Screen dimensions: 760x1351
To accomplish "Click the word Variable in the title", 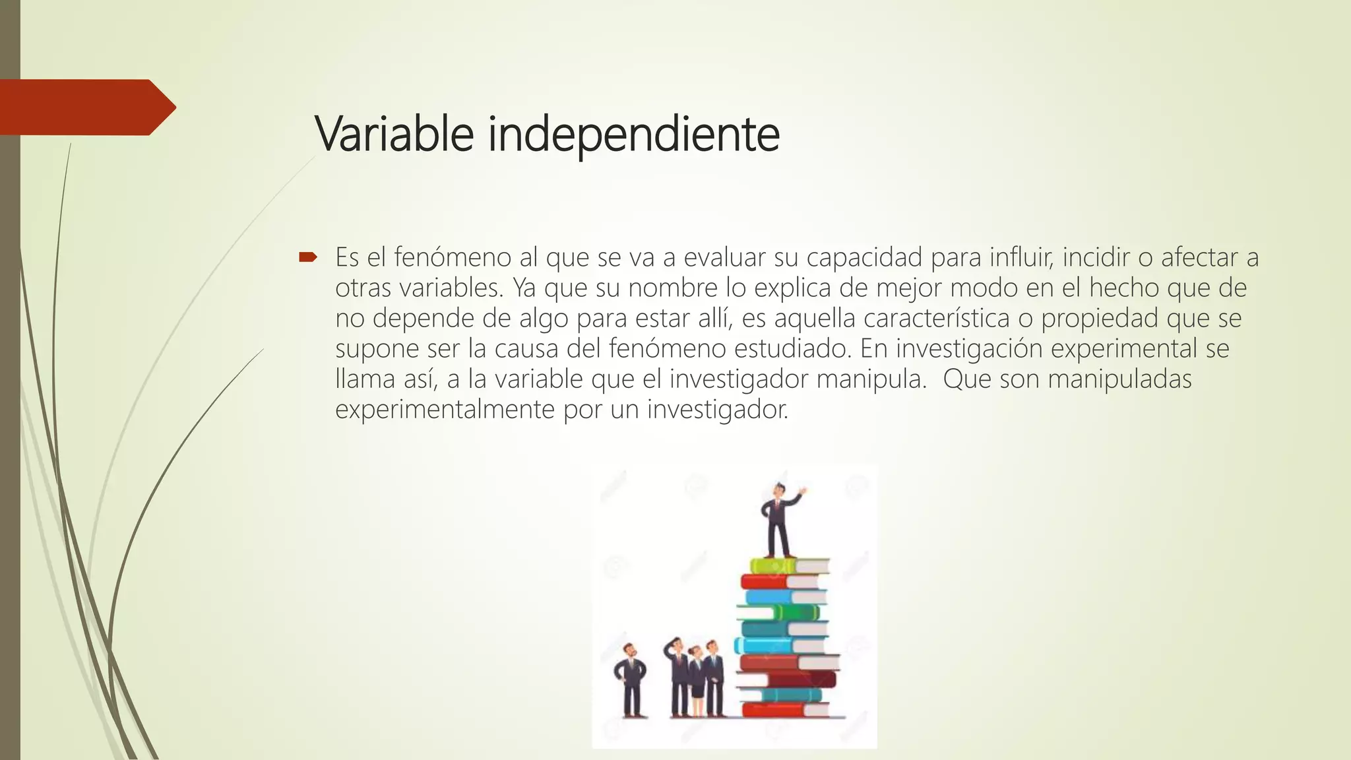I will click(x=394, y=134).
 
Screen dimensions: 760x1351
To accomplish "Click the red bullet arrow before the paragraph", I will click(x=308, y=257).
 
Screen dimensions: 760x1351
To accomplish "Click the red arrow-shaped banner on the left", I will click(x=86, y=107).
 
